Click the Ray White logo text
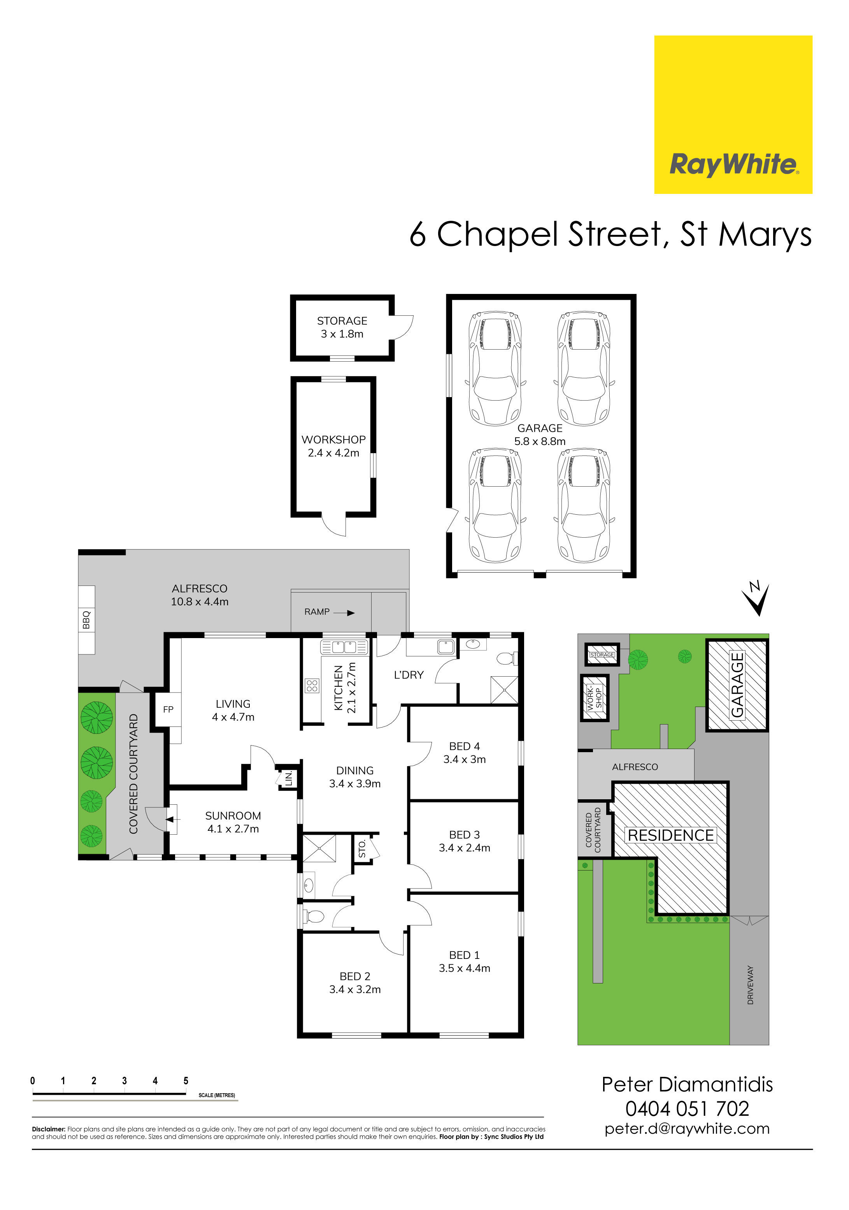(733, 164)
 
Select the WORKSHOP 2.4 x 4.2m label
(333, 446)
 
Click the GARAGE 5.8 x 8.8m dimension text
(539, 441)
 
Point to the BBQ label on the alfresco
(86, 620)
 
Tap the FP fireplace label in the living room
(168, 709)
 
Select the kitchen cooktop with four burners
(312, 685)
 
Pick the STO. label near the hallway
(362, 848)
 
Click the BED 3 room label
(464, 835)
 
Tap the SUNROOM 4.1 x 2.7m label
(233, 822)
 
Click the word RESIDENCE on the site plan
(670, 835)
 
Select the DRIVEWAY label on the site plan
(750, 985)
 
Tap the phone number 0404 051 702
(687, 1109)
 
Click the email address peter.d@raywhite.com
(687, 1129)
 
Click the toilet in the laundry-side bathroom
(507, 658)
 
